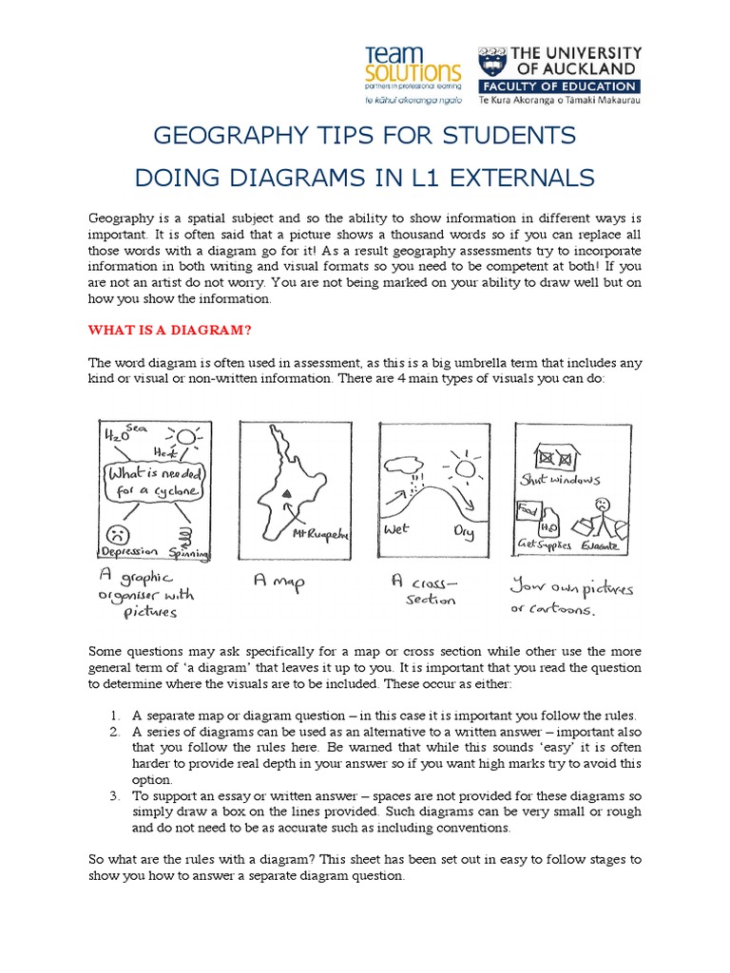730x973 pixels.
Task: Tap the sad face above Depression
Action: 119,531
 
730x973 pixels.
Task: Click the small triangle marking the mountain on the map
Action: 286,493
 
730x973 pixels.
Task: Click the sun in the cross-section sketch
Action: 465,469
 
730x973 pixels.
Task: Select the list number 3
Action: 112,795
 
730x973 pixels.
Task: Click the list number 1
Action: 112,715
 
